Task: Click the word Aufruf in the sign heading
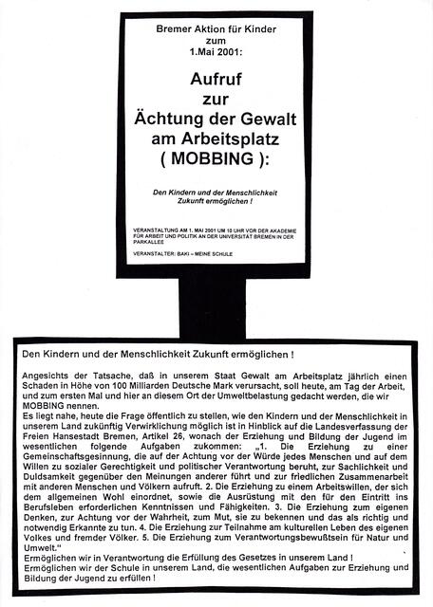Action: click(x=216, y=83)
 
